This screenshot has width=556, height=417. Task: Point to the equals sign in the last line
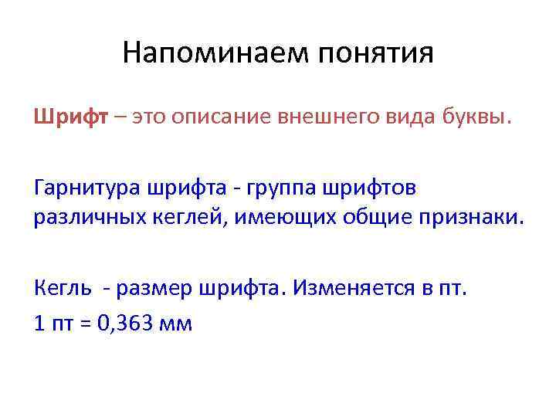83,323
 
